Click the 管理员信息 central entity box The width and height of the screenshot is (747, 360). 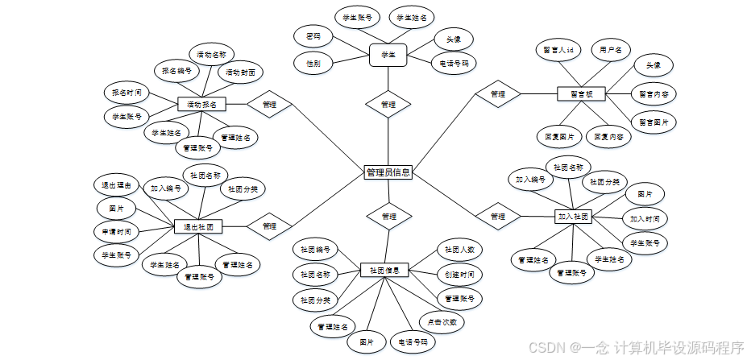(x=388, y=172)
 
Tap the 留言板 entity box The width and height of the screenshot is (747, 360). (x=581, y=93)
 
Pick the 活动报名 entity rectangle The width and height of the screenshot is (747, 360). (x=201, y=104)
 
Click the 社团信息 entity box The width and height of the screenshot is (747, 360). (x=385, y=270)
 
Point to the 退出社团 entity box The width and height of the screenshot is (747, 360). (x=198, y=227)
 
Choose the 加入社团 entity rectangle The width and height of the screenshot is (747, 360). (x=573, y=216)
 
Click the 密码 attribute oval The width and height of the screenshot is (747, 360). (x=313, y=36)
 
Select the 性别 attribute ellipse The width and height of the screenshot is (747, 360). (x=313, y=62)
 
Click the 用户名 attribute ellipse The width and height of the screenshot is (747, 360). (x=610, y=50)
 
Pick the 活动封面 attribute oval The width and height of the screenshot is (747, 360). (x=240, y=72)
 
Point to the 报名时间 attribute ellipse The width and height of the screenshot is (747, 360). (x=127, y=93)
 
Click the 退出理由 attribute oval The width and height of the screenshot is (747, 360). (x=116, y=184)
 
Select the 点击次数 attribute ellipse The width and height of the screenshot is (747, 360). (x=442, y=321)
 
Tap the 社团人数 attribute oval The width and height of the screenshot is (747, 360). (x=459, y=249)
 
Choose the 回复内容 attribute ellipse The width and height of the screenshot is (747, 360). (x=608, y=137)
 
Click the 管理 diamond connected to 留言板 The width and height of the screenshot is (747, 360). (x=498, y=93)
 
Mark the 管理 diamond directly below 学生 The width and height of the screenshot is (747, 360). (x=388, y=105)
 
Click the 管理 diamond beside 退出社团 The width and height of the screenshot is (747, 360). (x=269, y=227)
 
